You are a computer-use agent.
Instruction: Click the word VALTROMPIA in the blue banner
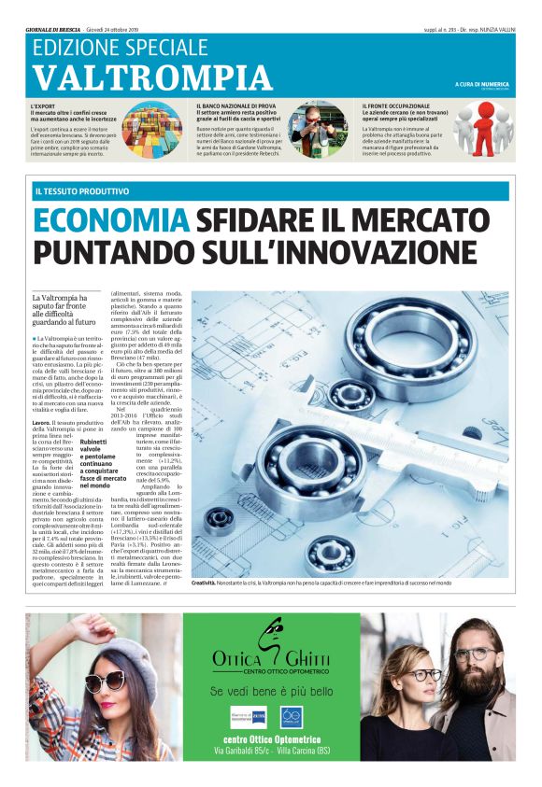coord(151,77)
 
